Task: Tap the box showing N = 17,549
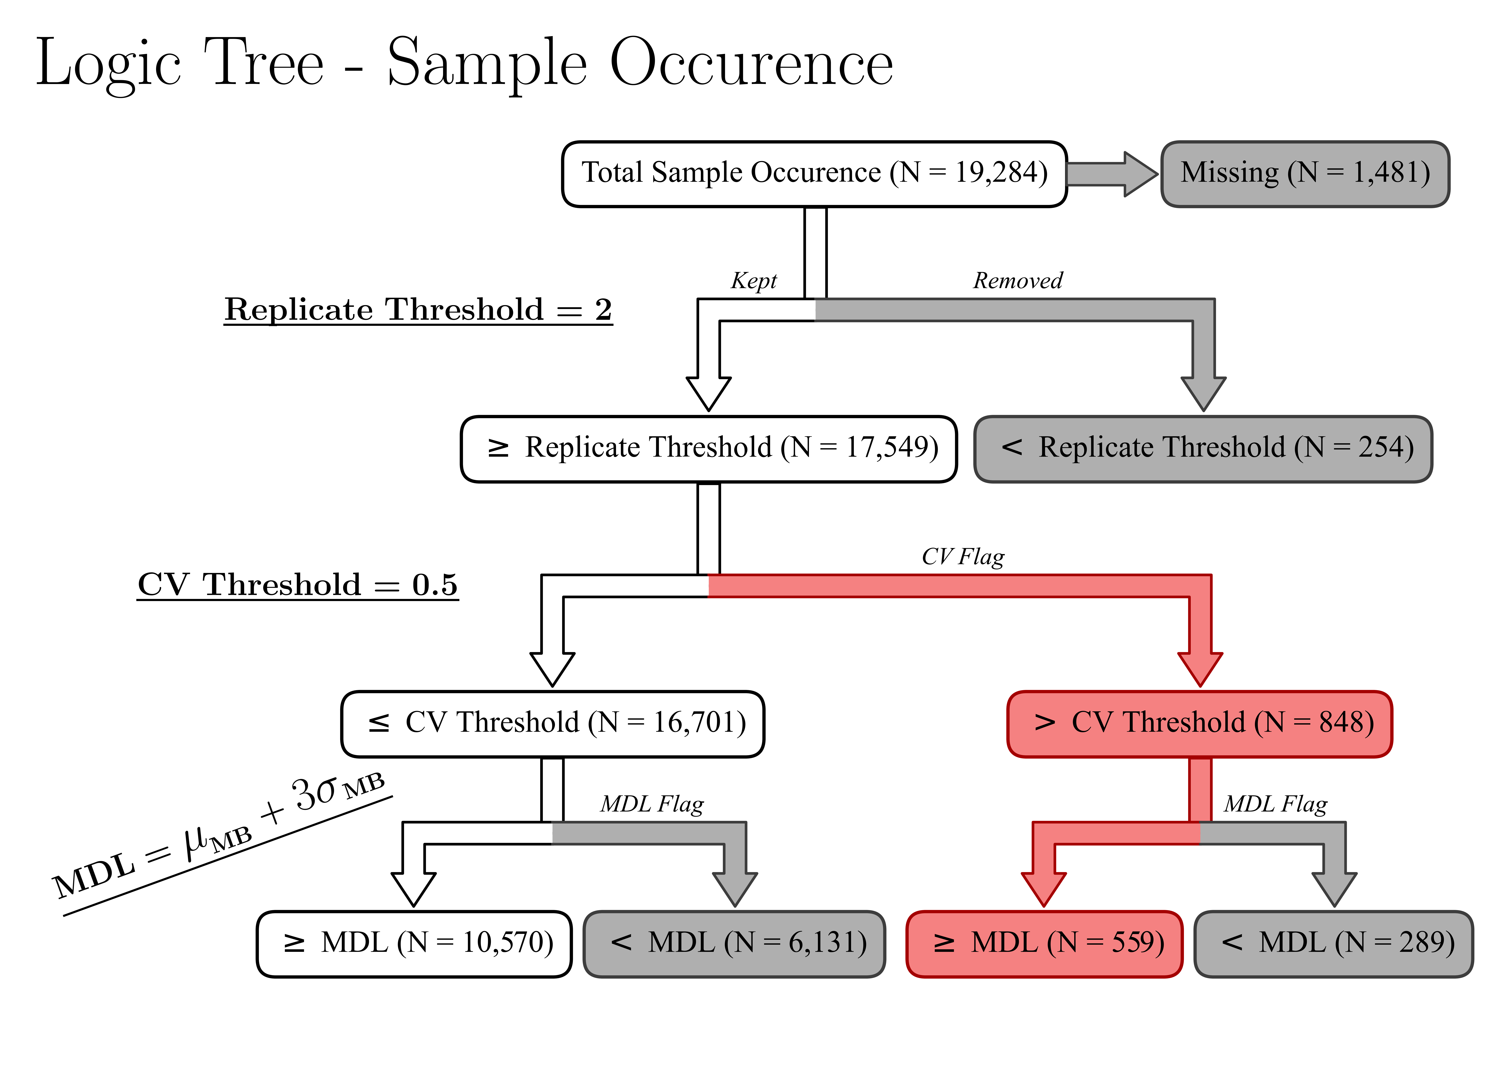click(709, 448)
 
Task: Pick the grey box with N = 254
click(1203, 448)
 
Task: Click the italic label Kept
click(753, 281)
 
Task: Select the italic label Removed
click(1018, 281)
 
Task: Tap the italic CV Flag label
click(963, 557)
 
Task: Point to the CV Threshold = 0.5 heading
click(297, 584)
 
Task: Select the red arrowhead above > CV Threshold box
click(1200, 668)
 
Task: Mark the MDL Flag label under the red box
click(1276, 804)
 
